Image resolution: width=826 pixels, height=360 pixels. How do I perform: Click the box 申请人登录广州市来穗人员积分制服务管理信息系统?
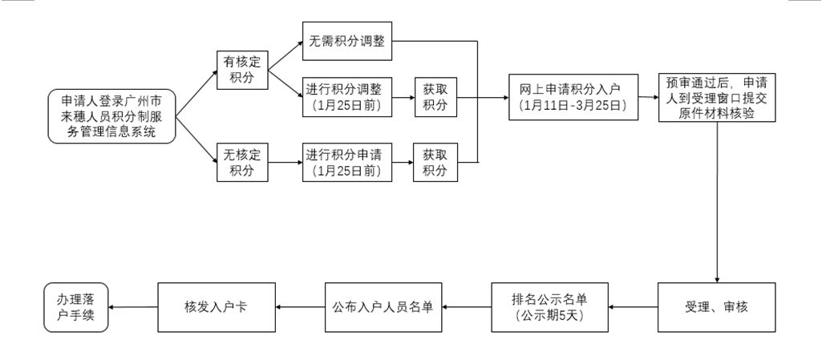point(111,115)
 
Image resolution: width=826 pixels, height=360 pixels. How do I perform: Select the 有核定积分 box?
point(242,70)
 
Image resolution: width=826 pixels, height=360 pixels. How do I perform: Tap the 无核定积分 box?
point(242,162)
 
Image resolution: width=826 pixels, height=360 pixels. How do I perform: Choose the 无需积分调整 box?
point(347,41)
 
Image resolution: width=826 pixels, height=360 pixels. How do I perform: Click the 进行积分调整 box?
point(347,97)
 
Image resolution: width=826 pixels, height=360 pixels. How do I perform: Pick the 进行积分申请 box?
point(347,162)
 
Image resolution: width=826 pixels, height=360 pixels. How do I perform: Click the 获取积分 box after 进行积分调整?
point(435,97)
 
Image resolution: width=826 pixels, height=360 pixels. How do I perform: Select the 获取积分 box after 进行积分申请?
point(435,162)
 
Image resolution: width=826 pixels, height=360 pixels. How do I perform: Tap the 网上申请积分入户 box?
point(573,97)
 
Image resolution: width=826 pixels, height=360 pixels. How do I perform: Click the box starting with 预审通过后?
point(717,97)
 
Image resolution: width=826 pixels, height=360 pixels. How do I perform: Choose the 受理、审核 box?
point(716,307)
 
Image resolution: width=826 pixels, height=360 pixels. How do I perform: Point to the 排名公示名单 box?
point(549,307)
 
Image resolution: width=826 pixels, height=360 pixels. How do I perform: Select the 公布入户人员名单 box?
point(383,307)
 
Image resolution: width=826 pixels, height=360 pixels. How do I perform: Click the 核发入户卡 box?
point(217,307)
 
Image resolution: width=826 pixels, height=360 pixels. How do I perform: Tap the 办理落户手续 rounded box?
point(76,307)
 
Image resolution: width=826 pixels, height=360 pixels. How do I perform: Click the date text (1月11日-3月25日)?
point(573,105)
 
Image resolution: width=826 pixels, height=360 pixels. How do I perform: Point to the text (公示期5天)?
point(549,316)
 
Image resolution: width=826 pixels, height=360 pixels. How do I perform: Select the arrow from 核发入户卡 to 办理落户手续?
point(133,307)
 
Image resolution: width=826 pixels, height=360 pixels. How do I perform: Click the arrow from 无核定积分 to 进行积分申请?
point(285,162)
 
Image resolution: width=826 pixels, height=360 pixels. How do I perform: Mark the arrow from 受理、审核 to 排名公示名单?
point(633,307)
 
